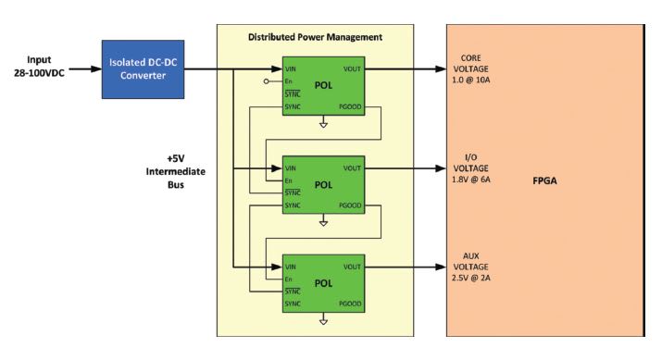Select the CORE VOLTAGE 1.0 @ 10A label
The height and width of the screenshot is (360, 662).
tap(479, 68)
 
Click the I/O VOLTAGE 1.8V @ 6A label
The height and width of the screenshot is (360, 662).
tap(479, 168)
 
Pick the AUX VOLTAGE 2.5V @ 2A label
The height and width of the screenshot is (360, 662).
tap(479, 267)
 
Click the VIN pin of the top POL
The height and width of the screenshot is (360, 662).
tap(292, 69)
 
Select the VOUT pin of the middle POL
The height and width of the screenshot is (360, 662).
tap(352, 168)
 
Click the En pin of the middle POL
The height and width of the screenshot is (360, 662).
tap(290, 180)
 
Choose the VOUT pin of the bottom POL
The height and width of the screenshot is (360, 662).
tap(352, 267)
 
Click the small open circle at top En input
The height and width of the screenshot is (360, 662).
tap(267, 81)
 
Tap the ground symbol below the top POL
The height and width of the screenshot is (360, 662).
tap(323, 124)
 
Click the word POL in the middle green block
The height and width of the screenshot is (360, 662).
tap(323, 184)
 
